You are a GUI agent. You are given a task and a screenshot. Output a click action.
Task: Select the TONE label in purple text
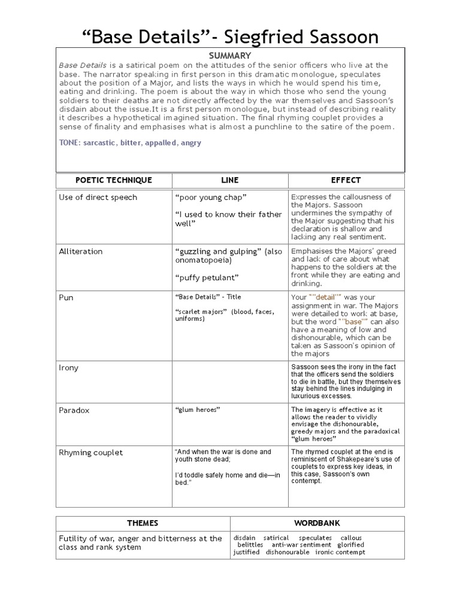pos(71,143)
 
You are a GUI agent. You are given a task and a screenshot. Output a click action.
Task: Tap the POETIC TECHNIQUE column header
pos(114,180)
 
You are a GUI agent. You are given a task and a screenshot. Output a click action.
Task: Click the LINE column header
pos(229,180)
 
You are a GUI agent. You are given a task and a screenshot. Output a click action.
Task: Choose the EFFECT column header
pos(346,180)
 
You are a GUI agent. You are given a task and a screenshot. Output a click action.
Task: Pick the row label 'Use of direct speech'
pos(98,198)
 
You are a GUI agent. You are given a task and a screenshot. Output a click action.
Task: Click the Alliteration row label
pos(80,251)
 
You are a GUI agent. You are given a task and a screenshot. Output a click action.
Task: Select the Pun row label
pos(66,297)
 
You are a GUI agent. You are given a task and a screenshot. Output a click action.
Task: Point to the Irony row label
pos(68,368)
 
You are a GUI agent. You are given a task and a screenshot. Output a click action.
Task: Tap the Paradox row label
pos(74,411)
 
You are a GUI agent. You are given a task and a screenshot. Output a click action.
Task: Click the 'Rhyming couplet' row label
pos(90,453)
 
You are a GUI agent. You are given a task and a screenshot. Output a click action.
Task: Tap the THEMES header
pos(143,523)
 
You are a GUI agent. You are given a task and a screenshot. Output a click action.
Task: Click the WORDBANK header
pos(317,523)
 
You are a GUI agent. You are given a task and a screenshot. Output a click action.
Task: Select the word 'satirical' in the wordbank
pos(276,538)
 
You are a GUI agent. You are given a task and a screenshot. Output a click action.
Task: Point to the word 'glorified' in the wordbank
pos(350,545)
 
